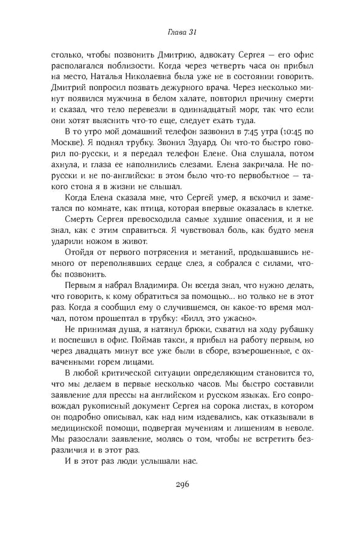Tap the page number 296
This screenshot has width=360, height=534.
pos(180,485)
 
